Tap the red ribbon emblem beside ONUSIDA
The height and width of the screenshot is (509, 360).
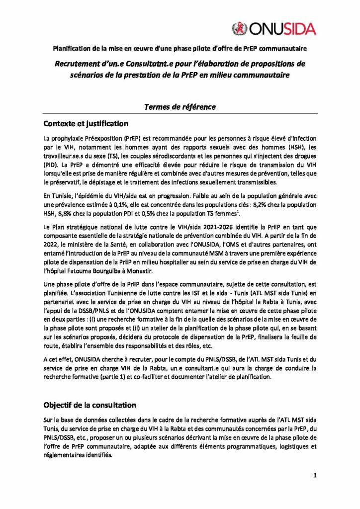[239, 28]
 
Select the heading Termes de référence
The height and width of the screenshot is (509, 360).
[180, 106]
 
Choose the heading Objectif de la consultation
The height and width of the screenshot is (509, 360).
[90, 405]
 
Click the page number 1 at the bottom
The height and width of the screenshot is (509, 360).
[315, 476]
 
